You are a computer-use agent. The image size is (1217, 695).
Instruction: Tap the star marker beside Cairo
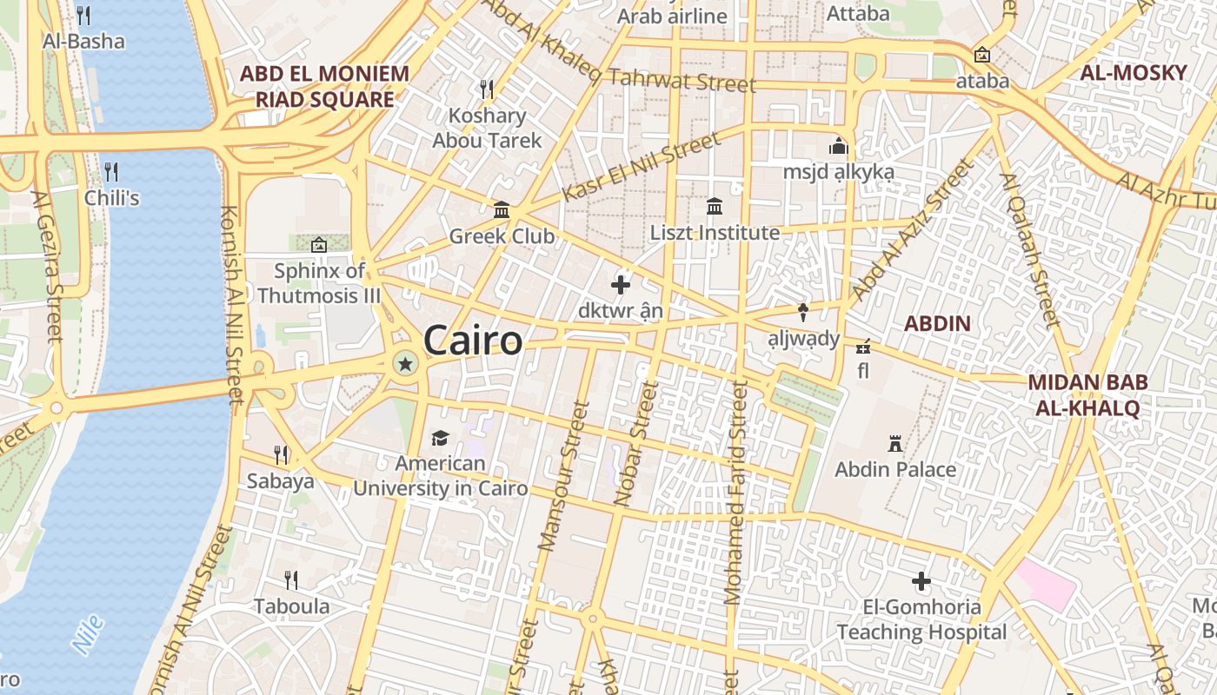(404, 363)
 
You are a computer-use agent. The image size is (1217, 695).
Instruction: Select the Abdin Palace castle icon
(894, 444)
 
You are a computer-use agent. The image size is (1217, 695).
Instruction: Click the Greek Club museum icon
(502, 210)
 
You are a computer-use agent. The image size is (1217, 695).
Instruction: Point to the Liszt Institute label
(715, 233)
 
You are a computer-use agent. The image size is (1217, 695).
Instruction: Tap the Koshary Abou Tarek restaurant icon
(487, 89)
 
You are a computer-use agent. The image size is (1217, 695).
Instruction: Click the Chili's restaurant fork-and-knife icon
(111, 171)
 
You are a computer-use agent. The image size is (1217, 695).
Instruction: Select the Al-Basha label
(83, 41)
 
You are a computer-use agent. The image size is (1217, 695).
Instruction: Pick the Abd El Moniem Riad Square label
(324, 86)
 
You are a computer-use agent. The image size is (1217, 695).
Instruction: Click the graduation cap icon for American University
(440, 439)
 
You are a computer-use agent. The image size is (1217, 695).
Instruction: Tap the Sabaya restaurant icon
(281, 454)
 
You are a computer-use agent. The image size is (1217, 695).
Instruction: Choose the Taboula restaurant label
(291, 606)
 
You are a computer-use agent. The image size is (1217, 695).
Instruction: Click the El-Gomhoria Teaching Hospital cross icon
(921, 580)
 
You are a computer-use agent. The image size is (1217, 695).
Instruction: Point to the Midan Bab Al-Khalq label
(1087, 394)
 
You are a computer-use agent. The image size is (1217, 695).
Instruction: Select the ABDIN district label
(937, 324)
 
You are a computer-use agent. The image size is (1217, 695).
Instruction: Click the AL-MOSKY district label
(1133, 73)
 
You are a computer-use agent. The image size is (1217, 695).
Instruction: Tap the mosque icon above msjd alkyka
(838, 146)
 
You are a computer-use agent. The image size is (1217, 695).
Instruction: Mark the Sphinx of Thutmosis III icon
(319, 245)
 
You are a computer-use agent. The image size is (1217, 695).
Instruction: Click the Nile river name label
(88, 634)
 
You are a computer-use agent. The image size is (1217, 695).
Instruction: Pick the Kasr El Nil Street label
(641, 167)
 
